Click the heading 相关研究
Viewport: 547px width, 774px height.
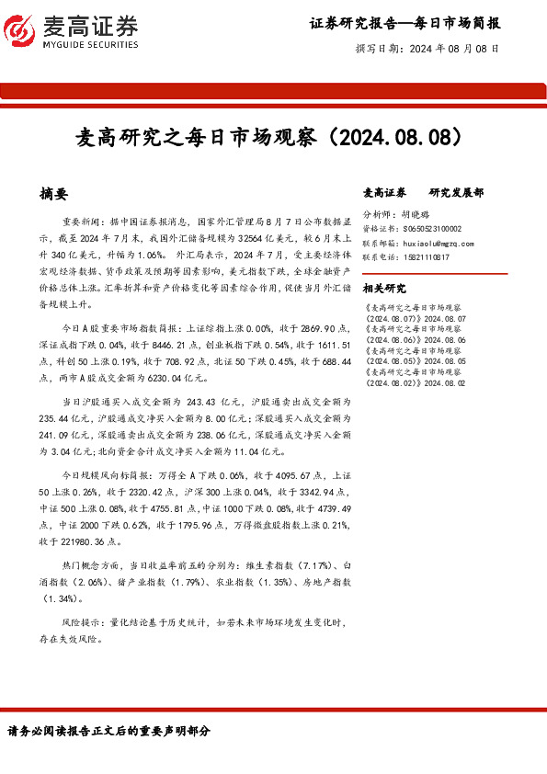pos(384,288)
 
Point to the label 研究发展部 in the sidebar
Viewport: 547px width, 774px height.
pos(456,193)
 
